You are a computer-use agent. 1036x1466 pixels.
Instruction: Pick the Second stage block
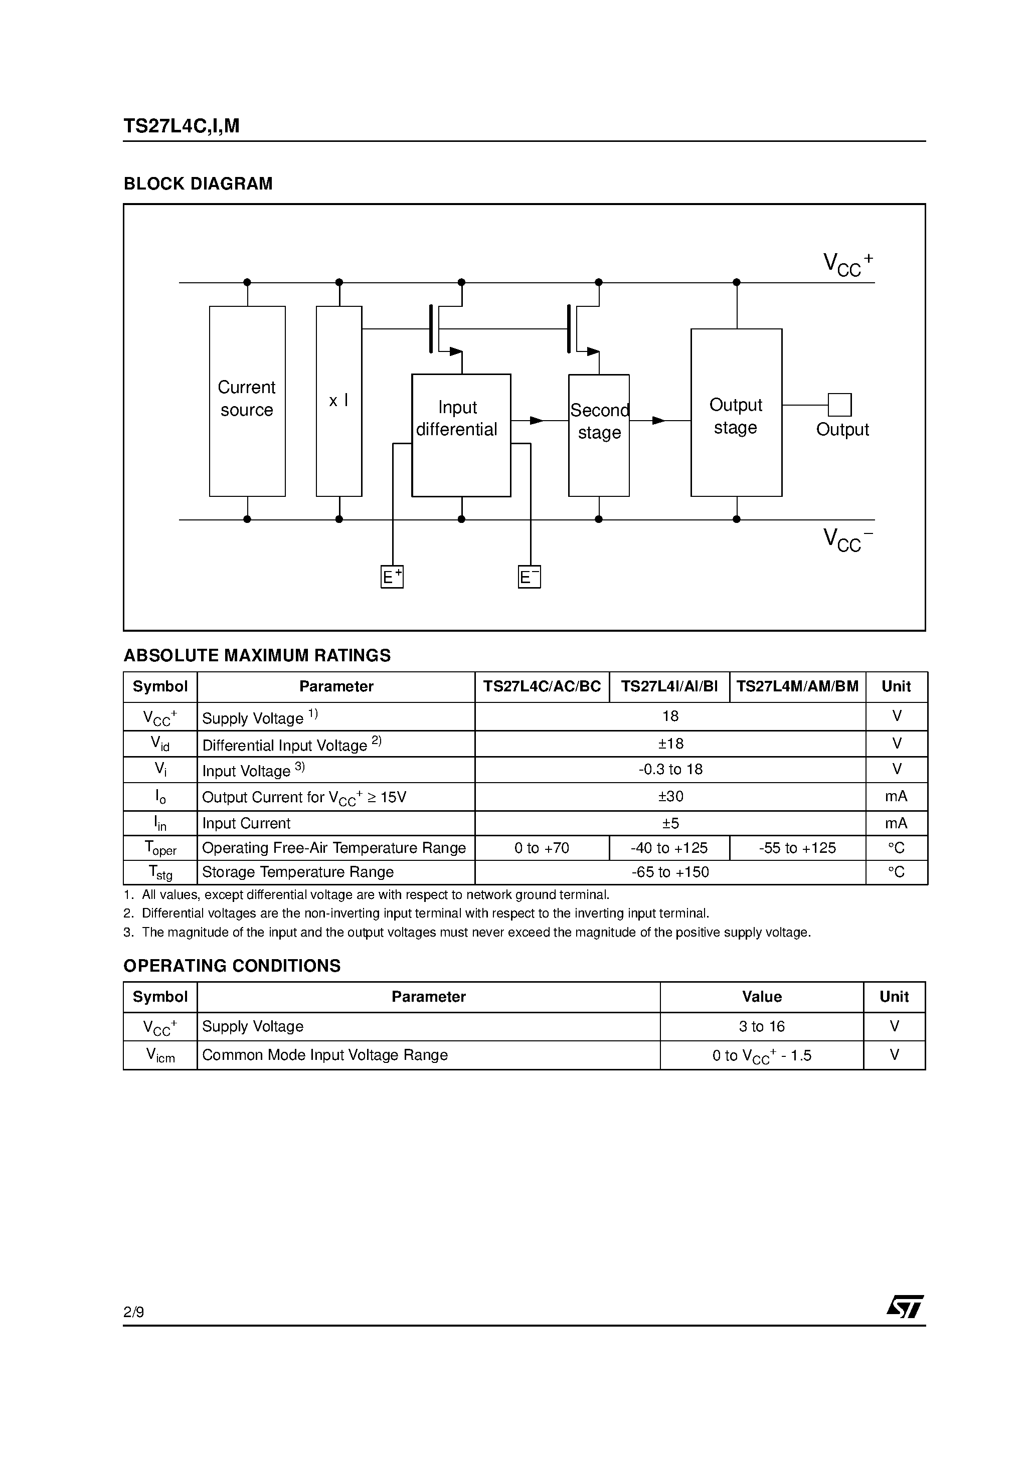(x=598, y=435)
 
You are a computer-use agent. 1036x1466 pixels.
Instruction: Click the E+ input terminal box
(x=392, y=577)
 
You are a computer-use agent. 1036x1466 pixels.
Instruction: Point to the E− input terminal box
(x=529, y=577)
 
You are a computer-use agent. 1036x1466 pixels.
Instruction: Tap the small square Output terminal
(x=839, y=405)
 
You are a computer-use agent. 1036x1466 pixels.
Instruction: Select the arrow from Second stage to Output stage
(x=658, y=420)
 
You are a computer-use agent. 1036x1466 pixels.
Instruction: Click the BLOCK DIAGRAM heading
(x=198, y=184)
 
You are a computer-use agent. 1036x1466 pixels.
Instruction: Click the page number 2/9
(x=133, y=1312)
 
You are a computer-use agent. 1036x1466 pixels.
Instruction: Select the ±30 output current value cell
(x=670, y=796)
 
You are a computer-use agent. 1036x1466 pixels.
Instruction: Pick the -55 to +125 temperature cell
(x=797, y=848)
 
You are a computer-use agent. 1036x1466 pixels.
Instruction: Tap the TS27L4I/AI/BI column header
(x=669, y=686)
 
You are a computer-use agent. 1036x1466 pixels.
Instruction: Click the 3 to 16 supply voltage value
(x=761, y=1026)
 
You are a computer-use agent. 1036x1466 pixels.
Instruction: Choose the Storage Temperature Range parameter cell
(x=298, y=872)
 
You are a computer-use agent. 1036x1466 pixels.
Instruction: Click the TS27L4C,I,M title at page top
(x=182, y=126)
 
